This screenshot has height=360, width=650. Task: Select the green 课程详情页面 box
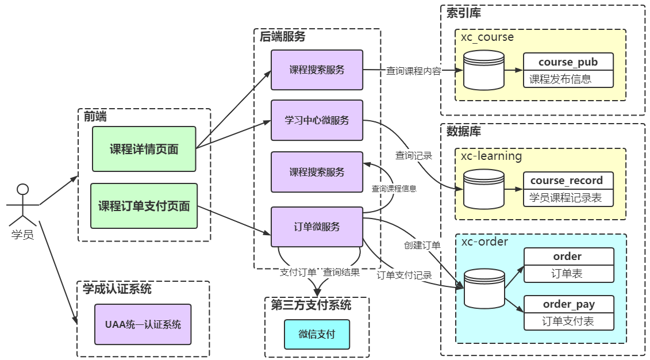(x=144, y=149)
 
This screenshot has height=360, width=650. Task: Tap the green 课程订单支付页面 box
(x=144, y=206)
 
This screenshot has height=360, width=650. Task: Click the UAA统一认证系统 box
(x=143, y=324)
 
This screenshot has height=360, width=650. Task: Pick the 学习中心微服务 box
(x=317, y=120)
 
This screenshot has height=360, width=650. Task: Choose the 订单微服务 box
(x=317, y=227)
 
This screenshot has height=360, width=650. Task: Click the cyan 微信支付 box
(x=317, y=334)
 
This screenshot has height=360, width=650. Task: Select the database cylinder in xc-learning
(x=484, y=189)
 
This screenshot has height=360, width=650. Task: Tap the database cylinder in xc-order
(x=484, y=288)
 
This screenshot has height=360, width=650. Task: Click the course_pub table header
(x=568, y=62)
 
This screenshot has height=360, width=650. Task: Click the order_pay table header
(x=568, y=304)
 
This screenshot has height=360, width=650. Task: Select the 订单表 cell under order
(x=568, y=274)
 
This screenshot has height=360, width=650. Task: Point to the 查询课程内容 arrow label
(x=413, y=71)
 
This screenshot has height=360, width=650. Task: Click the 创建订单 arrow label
(x=421, y=245)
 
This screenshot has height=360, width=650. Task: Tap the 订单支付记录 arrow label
(x=404, y=275)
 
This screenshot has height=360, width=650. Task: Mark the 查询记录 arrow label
(x=413, y=155)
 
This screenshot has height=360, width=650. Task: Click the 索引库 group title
(x=464, y=13)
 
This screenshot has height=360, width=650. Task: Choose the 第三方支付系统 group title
(x=311, y=304)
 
